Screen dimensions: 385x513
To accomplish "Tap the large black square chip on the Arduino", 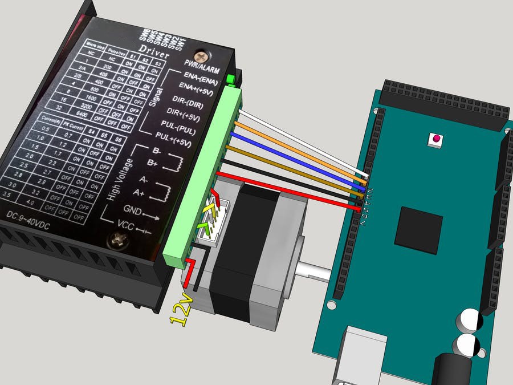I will tap(421, 230).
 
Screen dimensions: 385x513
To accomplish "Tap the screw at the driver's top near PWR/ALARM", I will tap(201, 56).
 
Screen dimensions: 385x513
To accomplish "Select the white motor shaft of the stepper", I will tap(313, 270).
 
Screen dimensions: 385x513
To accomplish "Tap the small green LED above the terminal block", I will tap(231, 79).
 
